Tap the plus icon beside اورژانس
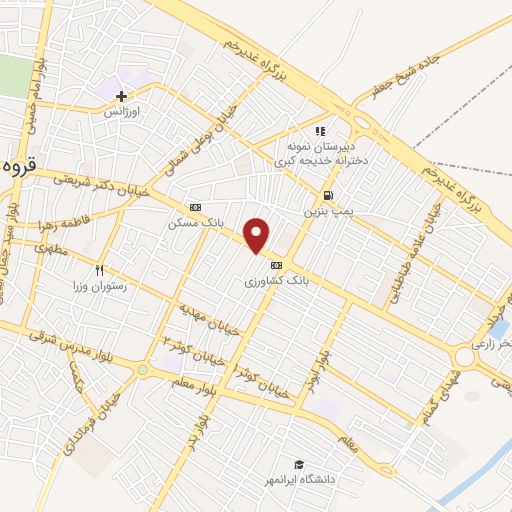click(x=122, y=97)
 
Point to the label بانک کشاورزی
click(x=276, y=283)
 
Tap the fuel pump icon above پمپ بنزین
click(x=327, y=195)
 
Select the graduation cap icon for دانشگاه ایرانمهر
click(x=298, y=464)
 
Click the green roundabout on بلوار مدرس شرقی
click(x=143, y=370)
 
